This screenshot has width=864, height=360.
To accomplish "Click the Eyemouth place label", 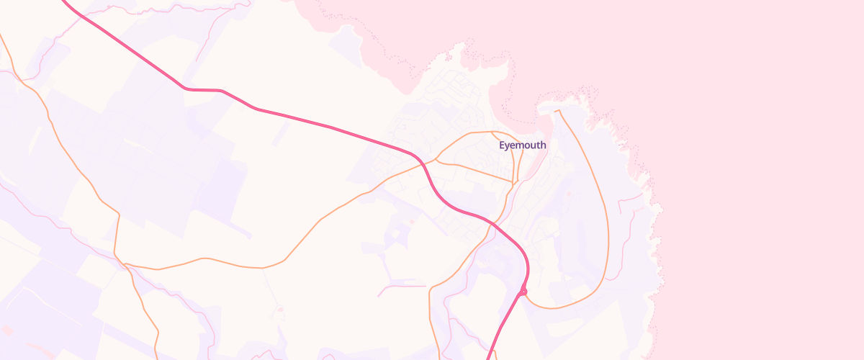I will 522,145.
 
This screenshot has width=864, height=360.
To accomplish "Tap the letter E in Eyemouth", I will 502,145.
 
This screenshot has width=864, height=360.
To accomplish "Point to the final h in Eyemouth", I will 543,145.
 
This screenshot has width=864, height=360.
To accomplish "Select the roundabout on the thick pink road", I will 523,291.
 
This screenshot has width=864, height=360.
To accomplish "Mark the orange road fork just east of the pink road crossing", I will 437,159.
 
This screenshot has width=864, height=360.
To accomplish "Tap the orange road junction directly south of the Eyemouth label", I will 516,182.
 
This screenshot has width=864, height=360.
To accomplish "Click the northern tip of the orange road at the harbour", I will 559,111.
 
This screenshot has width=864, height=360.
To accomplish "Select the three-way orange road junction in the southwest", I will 125,265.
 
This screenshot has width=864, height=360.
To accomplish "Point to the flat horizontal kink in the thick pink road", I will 204,90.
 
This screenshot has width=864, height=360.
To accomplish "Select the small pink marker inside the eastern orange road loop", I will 569,193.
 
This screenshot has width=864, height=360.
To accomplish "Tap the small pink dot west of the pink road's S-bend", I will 412,221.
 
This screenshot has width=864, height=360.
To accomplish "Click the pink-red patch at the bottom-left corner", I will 7,330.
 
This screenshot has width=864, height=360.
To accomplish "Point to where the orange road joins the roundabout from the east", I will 529,294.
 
